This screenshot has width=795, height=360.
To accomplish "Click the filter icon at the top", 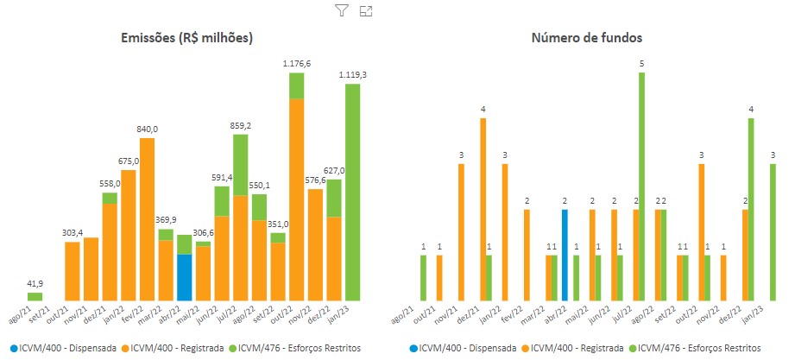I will coord(341,10).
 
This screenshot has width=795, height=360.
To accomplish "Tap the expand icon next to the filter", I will coord(365,10).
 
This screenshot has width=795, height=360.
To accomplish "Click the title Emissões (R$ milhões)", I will coord(186,38).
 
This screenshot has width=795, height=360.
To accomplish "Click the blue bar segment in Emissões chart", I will coord(184,277).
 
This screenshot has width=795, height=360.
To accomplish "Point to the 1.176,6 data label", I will coord(297,64).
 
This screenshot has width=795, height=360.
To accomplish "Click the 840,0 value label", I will coord(147,129).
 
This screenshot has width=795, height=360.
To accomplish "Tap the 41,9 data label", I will coord(35,284).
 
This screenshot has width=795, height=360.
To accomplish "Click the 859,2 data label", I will coord(240,126).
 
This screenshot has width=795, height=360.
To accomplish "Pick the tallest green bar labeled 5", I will coord(641,186).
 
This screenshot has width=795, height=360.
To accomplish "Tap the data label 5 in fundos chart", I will coord(641,64).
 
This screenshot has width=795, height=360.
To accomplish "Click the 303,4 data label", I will coord(73,233).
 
